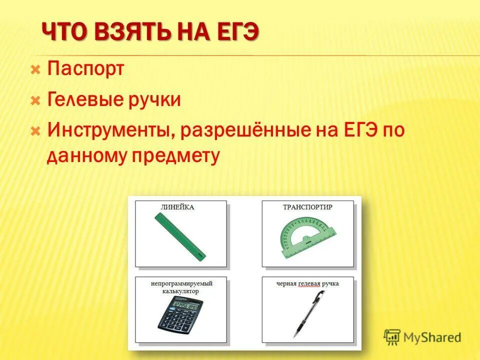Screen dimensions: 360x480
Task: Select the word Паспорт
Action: pyautogui.click(x=85, y=69)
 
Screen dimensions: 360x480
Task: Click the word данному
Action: pyautogui.click(x=86, y=156)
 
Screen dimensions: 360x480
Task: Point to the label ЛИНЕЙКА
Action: pyautogui.click(x=177, y=206)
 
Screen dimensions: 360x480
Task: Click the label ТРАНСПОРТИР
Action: pyautogui.click(x=307, y=206)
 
